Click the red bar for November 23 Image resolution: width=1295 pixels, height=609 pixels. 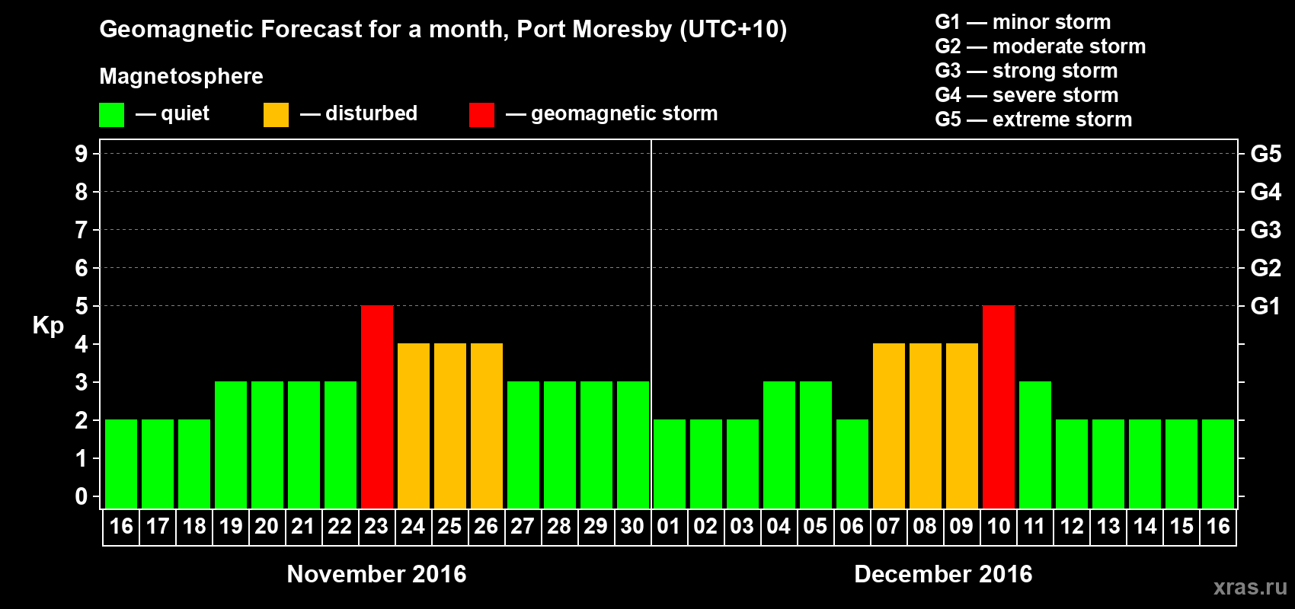[377, 407]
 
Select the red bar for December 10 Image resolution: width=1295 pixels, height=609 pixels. [999, 407]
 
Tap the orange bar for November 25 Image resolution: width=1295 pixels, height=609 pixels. [450, 426]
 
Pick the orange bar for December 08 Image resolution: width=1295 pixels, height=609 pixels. [926, 426]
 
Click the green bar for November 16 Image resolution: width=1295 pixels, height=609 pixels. [121, 464]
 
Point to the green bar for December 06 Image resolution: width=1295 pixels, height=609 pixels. [852, 464]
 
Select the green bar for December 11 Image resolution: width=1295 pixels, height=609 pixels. [1035, 445]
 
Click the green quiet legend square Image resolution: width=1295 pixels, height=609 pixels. [111, 115]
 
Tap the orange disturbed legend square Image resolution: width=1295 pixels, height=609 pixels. [276, 115]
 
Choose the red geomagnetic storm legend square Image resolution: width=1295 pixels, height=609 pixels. [481, 115]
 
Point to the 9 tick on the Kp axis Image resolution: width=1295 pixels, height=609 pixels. [82, 154]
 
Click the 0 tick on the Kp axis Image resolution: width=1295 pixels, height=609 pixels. [82, 497]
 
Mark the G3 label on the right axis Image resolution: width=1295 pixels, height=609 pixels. [1265, 230]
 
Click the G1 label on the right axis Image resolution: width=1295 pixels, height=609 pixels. [1265, 306]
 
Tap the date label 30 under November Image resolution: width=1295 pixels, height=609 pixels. [632, 527]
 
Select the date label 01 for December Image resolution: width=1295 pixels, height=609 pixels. [669, 527]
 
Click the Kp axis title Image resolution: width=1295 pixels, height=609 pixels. [48, 326]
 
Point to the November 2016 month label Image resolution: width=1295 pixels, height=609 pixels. [376, 574]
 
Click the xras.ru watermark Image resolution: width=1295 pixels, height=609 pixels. [1250, 587]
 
